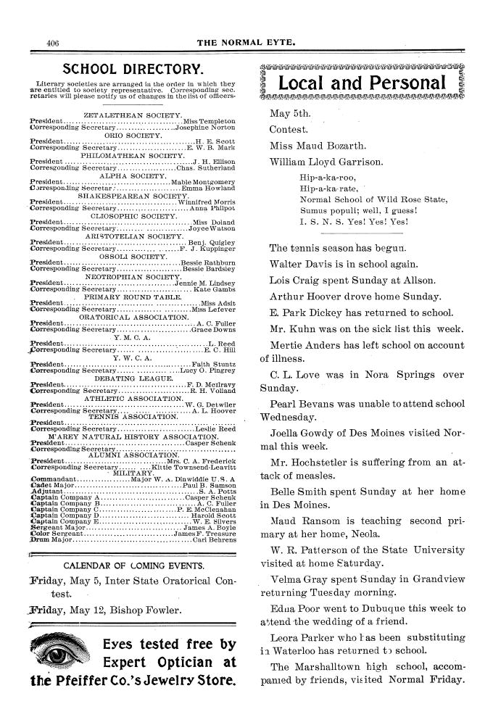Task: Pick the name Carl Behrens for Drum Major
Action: click(x=215, y=540)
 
